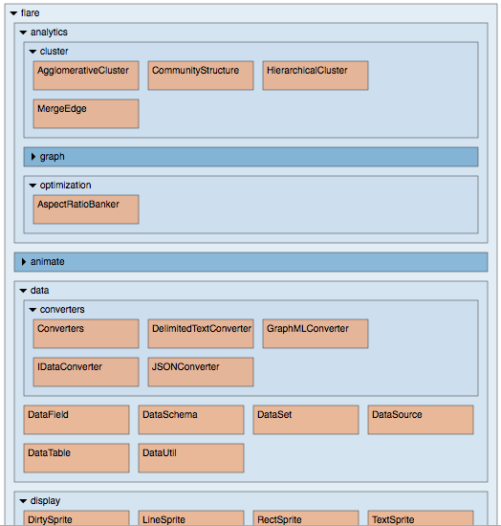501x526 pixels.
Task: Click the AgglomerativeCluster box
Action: pyautogui.click(x=86, y=76)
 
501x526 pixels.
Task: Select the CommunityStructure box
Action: pyautogui.click(x=201, y=76)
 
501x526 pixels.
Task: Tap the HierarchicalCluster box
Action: pyautogui.click(x=316, y=76)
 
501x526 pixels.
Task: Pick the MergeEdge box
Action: pyautogui.click(x=86, y=114)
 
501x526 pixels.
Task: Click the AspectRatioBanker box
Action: pyautogui.click(x=86, y=209)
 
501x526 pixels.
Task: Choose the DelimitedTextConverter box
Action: pyautogui.click(x=201, y=334)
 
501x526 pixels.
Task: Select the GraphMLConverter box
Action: pyautogui.click(x=316, y=334)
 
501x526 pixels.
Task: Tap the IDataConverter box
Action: pyautogui.click(x=86, y=372)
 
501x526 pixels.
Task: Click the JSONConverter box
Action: pyautogui.click(x=201, y=372)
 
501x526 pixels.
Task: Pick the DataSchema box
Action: pyautogui.click(x=191, y=420)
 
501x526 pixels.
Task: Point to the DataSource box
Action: pyautogui.click(x=421, y=420)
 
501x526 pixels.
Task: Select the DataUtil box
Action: pyautogui.click(x=191, y=458)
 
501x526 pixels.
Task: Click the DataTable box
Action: pyautogui.click(x=76, y=458)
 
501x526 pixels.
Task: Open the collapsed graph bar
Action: pyautogui.click(x=250, y=157)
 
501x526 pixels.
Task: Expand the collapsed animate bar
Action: pyautogui.click(x=250, y=262)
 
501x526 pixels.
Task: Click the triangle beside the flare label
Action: pyautogui.click(x=13, y=13)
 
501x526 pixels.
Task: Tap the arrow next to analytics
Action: pyautogui.click(x=23, y=33)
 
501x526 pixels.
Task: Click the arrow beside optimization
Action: pyautogui.click(x=33, y=186)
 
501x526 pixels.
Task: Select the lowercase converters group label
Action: pyautogui.click(x=62, y=309)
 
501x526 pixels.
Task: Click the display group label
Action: pyautogui.click(x=45, y=501)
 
